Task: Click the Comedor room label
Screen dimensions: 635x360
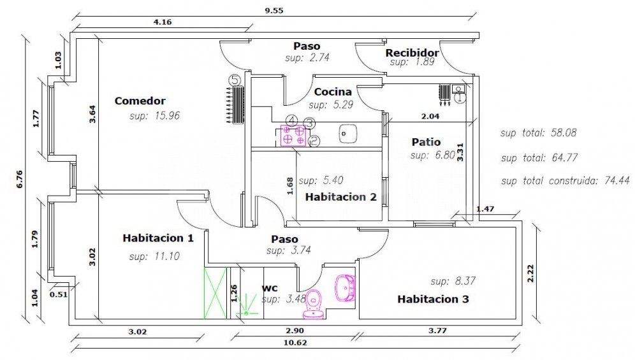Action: pyautogui.click(x=140, y=101)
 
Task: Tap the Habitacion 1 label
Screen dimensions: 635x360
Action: pyautogui.click(x=158, y=238)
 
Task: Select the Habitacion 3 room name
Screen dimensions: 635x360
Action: pyautogui.click(x=433, y=299)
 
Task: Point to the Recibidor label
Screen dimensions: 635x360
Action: pyautogui.click(x=412, y=53)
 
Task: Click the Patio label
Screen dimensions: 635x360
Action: pyautogui.click(x=426, y=142)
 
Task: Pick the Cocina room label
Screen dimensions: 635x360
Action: pyautogui.click(x=333, y=92)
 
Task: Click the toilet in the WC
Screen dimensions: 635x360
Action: pyautogui.click(x=313, y=304)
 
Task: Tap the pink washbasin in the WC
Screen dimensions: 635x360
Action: pyautogui.click(x=346, y=287)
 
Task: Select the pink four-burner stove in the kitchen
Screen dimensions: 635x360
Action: pyautogui.click(x=293, y=136)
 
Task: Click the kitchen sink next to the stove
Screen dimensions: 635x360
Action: pyautogui.click(x=347, y=134)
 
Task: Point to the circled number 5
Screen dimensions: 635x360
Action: pyautogui.click(x=234, y=80)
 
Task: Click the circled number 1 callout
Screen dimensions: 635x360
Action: pyautogui.click(x=460, y=97)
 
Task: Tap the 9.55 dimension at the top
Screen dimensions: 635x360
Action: pyautogui.click(x=274, y=11)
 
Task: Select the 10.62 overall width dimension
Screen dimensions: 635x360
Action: pyautogui.click(x=295, y=343)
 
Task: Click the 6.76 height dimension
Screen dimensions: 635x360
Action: pyautogui.click(x=19, y=179)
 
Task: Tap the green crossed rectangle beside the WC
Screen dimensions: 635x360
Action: pyautogui.click(x=215, y=293)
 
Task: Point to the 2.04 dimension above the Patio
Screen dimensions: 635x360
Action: pyautogui.click(x=430, y=116)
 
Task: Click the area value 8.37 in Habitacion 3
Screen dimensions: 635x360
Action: pyautogui.click(x=464, y=281)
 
